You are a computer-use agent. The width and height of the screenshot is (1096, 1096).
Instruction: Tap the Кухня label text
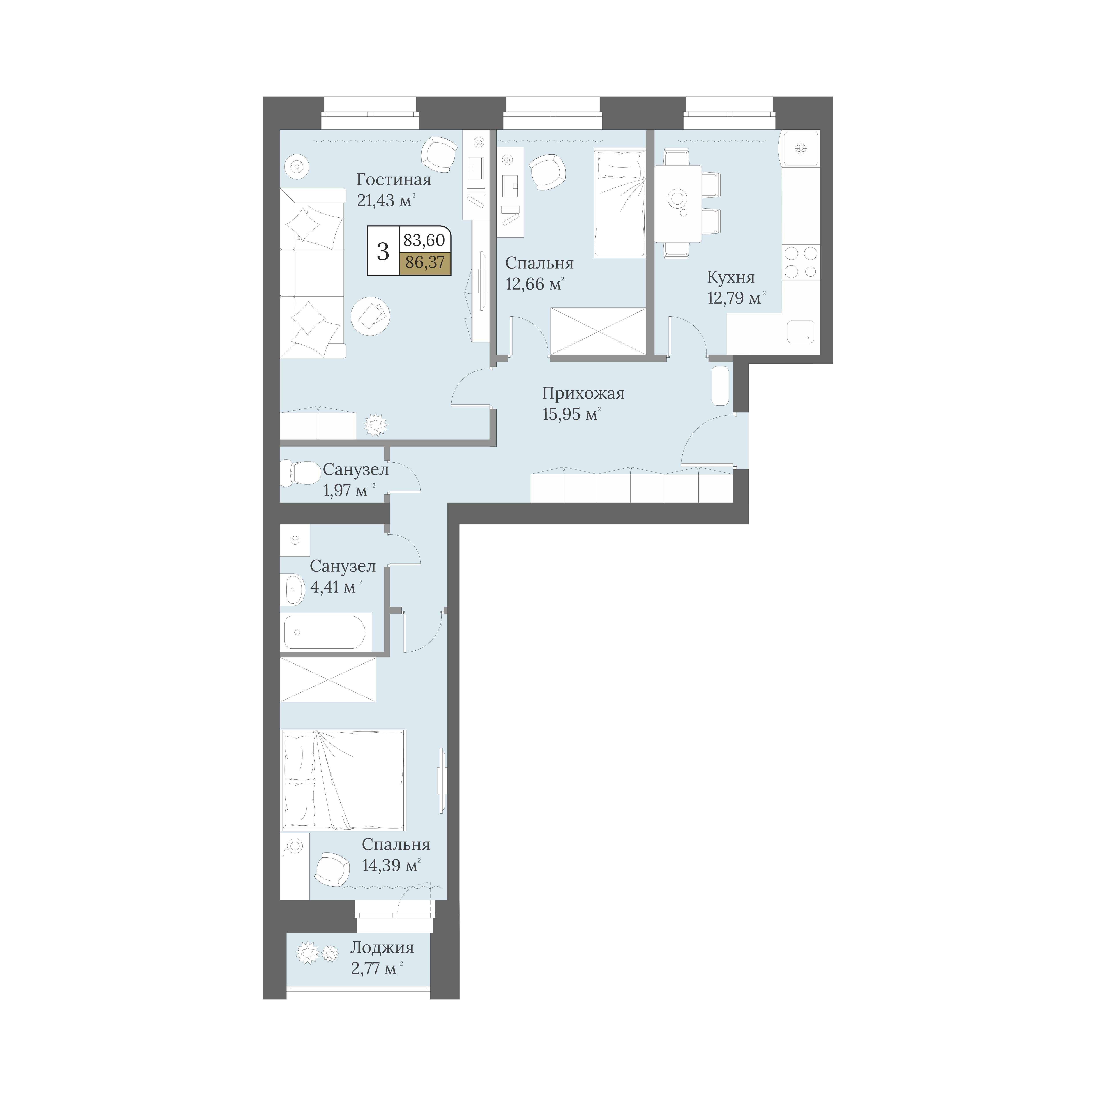pos(731,277)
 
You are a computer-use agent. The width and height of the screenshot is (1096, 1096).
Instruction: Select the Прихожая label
pos(583,393)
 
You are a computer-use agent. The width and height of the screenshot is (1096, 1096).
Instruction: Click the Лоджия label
pos(382,947)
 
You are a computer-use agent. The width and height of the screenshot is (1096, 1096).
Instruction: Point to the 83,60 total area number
pos(424,240)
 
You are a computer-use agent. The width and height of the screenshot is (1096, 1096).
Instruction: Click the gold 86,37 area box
pos(425,263)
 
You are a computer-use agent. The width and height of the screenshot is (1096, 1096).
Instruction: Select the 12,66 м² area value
pos(534,284)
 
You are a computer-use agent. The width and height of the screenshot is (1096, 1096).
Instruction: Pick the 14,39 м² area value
pos(391,865)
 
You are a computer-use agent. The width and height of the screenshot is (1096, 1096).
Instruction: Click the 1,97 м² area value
pos(349,490)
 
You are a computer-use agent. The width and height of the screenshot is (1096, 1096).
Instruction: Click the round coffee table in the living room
pos(370,316)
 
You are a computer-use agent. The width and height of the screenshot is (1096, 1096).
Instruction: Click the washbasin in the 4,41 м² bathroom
pos(292,590)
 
